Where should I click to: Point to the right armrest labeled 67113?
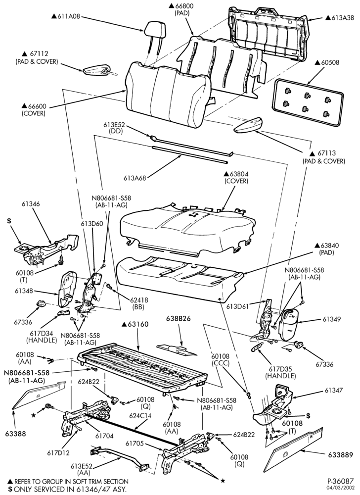tap(249, 125)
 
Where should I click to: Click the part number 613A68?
tap(135, 178)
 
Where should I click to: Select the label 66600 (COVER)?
tap(34, 110)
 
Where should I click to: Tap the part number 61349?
tap(331, 319)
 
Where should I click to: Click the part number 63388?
tap(15, 434)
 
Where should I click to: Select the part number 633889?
tap(340, 455)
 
